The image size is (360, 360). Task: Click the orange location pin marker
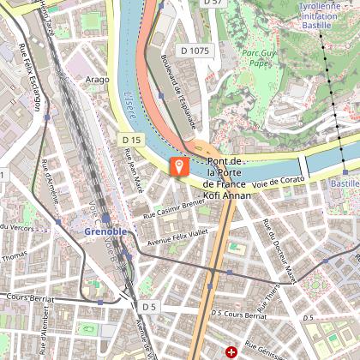pyautogui.click(x=179, y=165)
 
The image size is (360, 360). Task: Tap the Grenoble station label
pyautogui.click(x=105, y=231)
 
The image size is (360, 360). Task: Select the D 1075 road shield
pyautogui.click(x=195, y=51)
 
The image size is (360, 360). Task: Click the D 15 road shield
pyautogui.click(x=130, y=139)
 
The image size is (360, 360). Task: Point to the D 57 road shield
pyautogui.click(x=212, y=3)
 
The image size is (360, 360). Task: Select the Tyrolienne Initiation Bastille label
pyautogui.click(x=322, y=15)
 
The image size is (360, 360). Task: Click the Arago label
pyautogui.click(x=98, y=79)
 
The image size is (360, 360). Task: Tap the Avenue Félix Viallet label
pyautogui.click(x=178, y=237)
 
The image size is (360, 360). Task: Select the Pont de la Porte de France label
pyautogui.click(x=226, y=173)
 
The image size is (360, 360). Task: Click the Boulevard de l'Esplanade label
pyautogui.click(x=177, y=91)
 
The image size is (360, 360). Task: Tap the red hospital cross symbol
pyautogui.click(x=230, y=351)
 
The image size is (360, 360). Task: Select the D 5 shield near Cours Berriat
pyautogui.click(x=150, y=306)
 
